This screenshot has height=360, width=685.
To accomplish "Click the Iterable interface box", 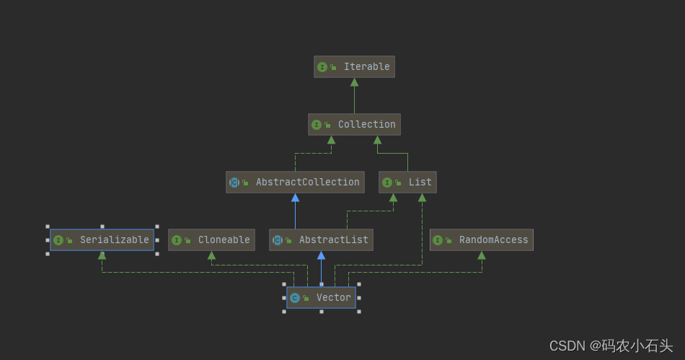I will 354,67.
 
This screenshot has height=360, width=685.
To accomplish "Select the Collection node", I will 354,125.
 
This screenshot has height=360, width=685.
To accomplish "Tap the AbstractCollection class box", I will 295,183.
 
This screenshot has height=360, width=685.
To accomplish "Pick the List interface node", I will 407,183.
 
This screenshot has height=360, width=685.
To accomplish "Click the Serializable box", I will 102,240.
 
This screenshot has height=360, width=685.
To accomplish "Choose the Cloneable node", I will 211,240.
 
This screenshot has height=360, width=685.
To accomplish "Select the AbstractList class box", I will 321,240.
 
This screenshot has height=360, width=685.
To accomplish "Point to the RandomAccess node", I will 481,240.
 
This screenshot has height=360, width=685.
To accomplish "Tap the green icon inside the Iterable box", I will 322,67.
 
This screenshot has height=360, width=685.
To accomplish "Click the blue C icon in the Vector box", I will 294,298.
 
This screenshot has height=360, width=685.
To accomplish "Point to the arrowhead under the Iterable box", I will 354,82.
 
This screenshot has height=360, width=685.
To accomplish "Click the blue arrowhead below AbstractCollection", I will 295,198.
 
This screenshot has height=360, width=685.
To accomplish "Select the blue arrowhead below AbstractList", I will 321,255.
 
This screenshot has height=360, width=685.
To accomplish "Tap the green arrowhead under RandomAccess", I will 481,255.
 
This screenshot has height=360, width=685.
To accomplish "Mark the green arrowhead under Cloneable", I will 211,255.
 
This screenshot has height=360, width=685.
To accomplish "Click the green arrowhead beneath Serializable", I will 102,255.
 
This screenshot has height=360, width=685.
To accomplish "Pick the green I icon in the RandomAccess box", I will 438,240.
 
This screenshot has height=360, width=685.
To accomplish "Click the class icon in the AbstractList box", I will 277,240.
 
